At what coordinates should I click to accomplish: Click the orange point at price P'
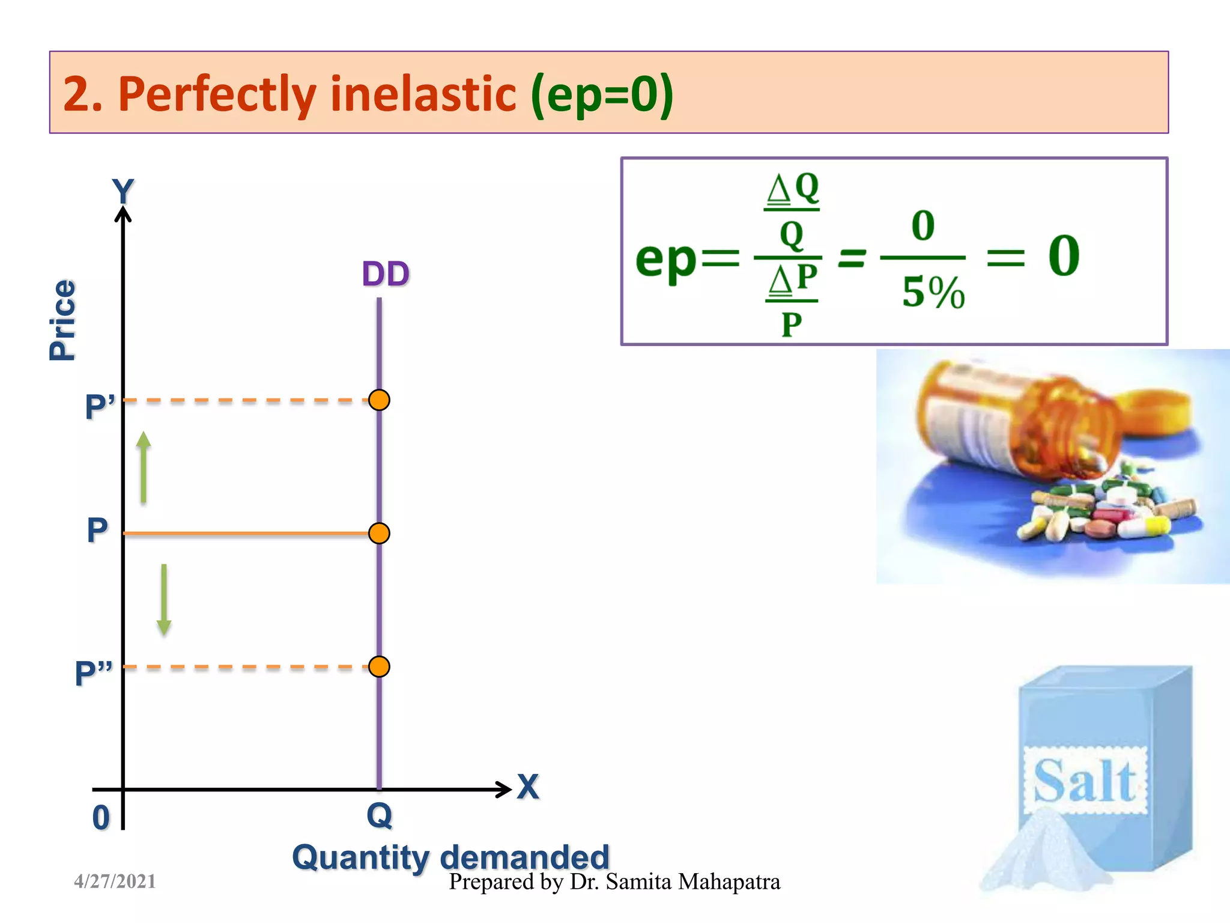pos(379,400)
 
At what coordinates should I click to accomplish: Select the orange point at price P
pos(379,533)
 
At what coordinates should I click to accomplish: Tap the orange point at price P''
pos(379,666)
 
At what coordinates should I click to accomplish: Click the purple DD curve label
pos(386,274)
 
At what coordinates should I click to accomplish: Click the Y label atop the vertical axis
pos(123,192)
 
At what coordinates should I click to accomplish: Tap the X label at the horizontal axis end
pos(528,787)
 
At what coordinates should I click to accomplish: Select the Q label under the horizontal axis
pos(380,816)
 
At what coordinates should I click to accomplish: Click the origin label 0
pos(101,818)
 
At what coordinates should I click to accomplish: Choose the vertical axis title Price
pos(62,320)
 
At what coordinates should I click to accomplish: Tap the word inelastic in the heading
pos(423,94)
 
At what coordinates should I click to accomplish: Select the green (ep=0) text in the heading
pos(602,94)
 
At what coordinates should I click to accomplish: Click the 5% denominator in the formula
pos(933,293)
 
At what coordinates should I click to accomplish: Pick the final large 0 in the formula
pos(1064,255)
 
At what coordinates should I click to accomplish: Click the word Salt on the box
pos(1085,781)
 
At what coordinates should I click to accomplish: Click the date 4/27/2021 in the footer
pos(115,882)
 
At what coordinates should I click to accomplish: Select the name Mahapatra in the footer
pos(729,882)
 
